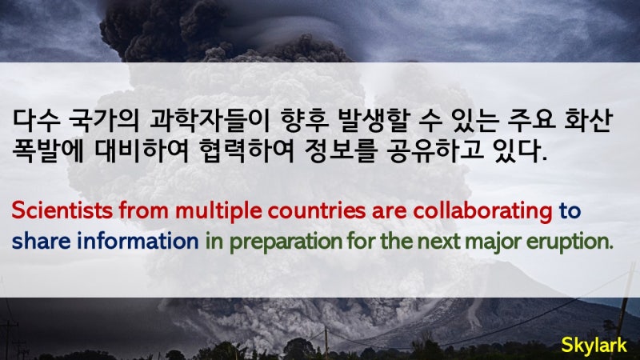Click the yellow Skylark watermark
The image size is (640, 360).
tap(594, 346)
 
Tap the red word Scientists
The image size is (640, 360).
tap(62, 210)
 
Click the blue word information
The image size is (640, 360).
tap(138, 241)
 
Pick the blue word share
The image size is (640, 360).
tap(42, 241)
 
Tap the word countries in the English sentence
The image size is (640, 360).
tap(317, 210)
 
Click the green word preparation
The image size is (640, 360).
tap(286, 242)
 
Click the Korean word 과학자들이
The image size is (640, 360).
tap(210, 121)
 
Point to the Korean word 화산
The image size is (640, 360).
tap(588, 121)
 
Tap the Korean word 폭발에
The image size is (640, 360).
tap(48, 150)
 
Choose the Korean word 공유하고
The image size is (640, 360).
tap(435, 150)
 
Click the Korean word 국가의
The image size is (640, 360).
tap(104, 121)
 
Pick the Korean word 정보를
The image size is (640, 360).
tap(340, 150)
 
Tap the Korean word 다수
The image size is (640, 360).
tap(36, 121)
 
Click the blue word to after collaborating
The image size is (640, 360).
tap(570, 211)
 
